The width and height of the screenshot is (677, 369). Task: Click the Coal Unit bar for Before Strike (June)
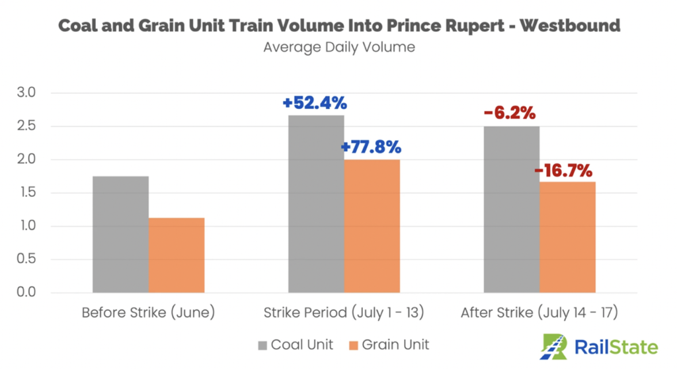pyautogui.click(x=120, y=234)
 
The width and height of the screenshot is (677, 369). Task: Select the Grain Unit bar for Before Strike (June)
pyautogui.click(x=177, y=255)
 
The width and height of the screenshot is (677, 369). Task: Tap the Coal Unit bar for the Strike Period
pyautogui.click(x=316, y=204)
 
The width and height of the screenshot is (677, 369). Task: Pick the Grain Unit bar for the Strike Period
pyautogui.click(x=372, y=225)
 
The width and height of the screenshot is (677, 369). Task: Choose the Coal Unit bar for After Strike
pyautogui.click(x=512, y=209)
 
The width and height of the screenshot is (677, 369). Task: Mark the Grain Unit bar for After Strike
pyautogui.click(x=568, y=237)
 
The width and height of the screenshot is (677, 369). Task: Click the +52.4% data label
pyautogui.click(x=315, y=103)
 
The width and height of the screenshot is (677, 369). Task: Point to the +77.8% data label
pyautogui.click(x=371, y=147)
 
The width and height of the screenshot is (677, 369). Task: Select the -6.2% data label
pyautogui.click(x=509, y=113)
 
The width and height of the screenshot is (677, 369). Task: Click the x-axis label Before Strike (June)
pyautogui.click(x=148, y=312)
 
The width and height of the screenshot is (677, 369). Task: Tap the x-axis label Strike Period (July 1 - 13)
pyautogui.click(x=344, y=312)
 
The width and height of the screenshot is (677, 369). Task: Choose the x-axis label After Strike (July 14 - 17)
pyautogui.click(x=539, y=312)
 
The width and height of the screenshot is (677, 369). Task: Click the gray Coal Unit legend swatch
pyautogui.click(x=263, y=345)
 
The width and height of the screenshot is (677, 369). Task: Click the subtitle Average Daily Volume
pyautogui.click(x=338, y=48)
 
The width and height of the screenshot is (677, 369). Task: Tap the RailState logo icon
pyautogui.click(x=554, y=345)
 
